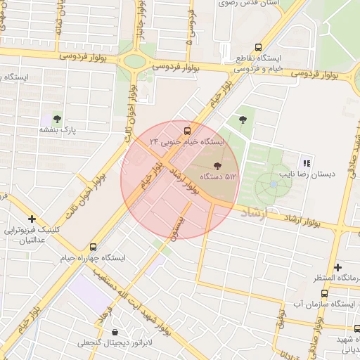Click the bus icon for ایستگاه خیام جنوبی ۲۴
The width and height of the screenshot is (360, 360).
point(187,130)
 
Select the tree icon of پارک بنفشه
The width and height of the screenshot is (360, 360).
point(57,119)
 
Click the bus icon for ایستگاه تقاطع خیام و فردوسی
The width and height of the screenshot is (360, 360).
point(259,46)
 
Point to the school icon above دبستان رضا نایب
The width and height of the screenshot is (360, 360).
point(306,162)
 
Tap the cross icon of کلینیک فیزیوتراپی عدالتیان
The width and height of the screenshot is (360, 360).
point(32,219)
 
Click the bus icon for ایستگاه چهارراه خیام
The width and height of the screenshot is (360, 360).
point(94,247)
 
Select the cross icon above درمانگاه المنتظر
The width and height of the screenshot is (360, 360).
point(338,268)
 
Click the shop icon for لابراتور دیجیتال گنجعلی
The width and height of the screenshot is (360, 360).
point(115,332)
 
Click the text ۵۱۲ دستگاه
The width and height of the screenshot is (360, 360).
point(219,176)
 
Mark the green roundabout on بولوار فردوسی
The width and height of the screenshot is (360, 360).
point(134,60)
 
